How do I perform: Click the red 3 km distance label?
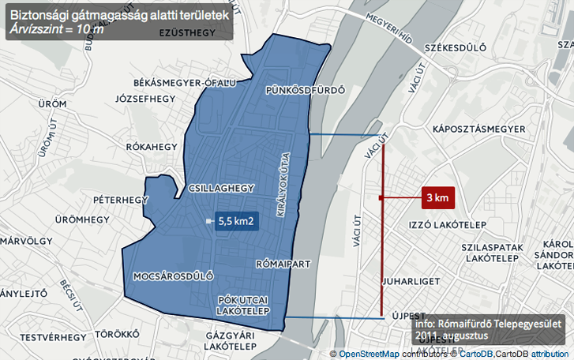(x=437, y=197)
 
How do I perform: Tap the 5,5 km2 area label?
(x=235, y=222)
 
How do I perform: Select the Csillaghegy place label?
(x=221, y=188)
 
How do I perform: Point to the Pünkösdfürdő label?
(x=306, y=90)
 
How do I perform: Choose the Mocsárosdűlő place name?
(x=174, y=276)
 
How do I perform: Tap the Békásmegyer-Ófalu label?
(x=185, y=83)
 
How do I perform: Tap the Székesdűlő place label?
(x=455, y=48)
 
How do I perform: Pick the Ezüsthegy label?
(x=187, y=33)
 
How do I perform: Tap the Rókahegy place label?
(x=152, y=146)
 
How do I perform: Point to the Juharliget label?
(x=407, y=280)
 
